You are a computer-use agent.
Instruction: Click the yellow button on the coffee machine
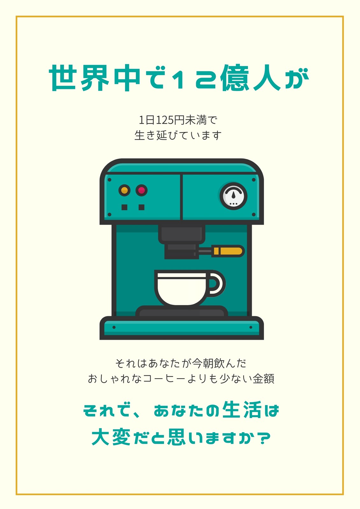point(124,190)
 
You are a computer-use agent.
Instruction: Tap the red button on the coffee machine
point(141,190)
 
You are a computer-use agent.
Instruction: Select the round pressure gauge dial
point(233,196)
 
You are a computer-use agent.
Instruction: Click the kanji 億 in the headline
point(235,78)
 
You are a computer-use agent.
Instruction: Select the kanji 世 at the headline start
point(62,78)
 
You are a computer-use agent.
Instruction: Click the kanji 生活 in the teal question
point(242,409)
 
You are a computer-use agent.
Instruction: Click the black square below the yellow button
point(124,207)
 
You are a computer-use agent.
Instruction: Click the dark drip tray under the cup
point(182,311)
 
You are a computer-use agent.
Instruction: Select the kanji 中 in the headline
point(127,78)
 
